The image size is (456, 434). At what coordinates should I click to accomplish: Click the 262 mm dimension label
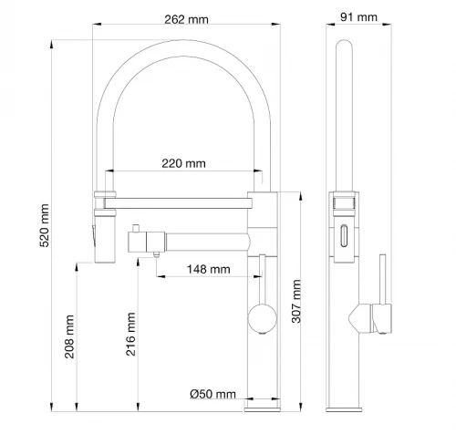point(186,20)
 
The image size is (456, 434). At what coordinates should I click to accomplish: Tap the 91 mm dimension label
point(358,17)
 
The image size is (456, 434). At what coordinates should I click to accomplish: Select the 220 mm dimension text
point(183,163)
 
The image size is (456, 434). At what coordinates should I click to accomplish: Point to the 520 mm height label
point(45,225)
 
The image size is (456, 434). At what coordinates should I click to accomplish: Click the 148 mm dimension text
point(209,269)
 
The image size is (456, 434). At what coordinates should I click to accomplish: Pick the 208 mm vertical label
point(69,336)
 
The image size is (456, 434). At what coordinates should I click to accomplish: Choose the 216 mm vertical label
point(130,334)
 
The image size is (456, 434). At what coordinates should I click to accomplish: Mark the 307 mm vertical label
point(296,301)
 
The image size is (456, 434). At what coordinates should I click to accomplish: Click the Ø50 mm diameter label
point(212,394)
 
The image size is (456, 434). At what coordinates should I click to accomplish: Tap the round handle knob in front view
point(263,319)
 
